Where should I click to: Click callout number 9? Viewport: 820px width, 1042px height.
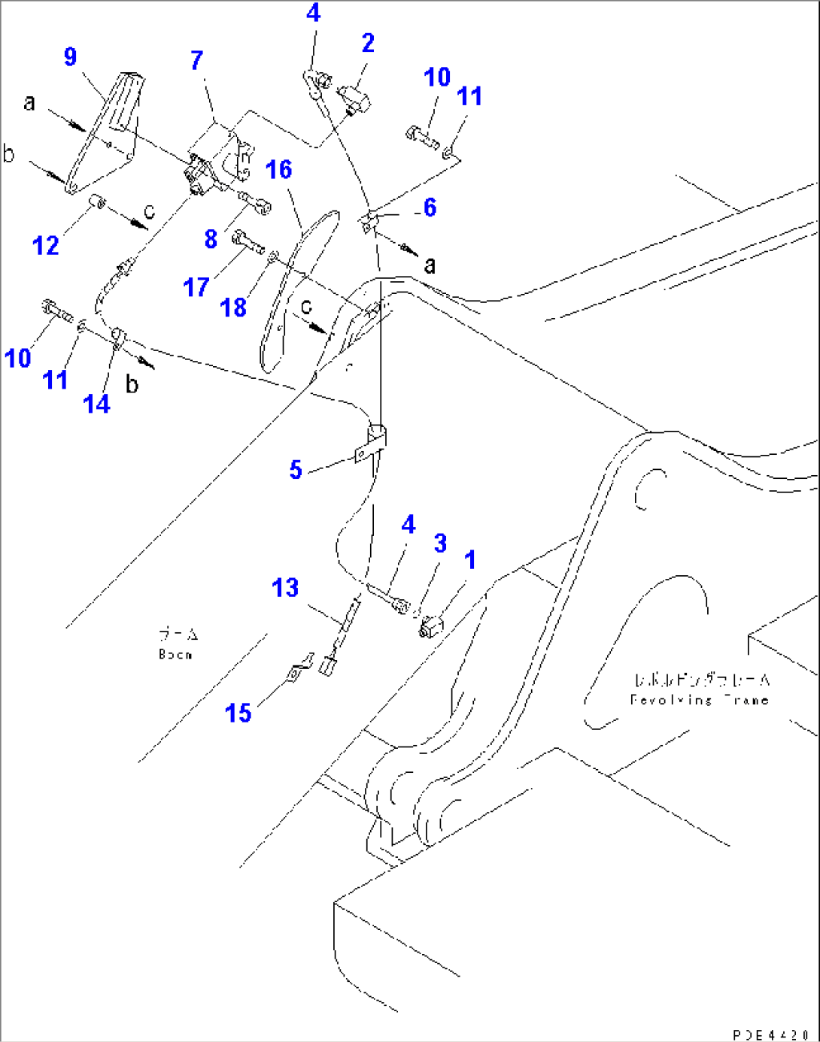(x=70, y=57)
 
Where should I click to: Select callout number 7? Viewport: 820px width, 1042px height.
(x=196, y=60)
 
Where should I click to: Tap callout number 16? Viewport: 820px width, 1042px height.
(x=278, y=170)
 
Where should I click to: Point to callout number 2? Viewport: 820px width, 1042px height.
(x=367, y=43)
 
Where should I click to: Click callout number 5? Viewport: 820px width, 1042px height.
(x=296, y=470)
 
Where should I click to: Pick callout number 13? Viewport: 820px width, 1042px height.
(x=285, y=588)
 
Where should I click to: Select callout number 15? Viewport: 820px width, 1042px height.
(x=238, y=713)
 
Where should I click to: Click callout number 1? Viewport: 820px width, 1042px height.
(x=469, y=560)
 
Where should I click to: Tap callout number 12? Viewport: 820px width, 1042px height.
(x=45, y=245)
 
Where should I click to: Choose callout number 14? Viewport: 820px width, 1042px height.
(x=96, y=404)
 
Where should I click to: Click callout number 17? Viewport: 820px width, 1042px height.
(x=196, y=287)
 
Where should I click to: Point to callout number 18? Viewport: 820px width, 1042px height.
(x=233, y=307)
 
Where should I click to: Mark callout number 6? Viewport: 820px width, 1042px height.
(x=430, y=207)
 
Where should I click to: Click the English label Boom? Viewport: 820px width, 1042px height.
(x=175, y=655)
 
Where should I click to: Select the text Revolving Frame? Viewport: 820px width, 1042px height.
(x=699, y=700)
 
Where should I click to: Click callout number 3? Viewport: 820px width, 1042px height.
(x=440, y=543)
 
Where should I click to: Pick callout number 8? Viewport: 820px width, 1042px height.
(x=211, y=239)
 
